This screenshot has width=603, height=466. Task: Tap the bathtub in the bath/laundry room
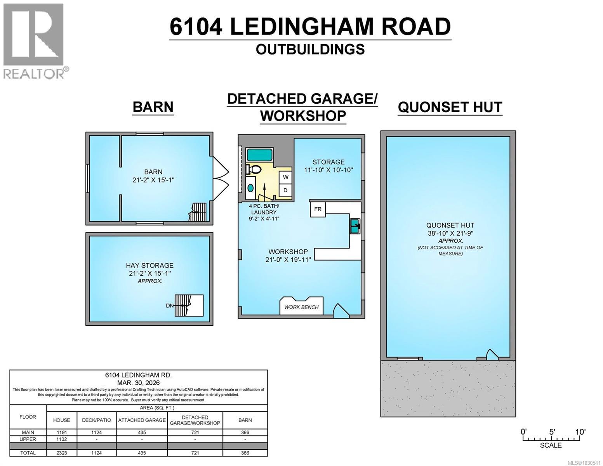coord(260,155)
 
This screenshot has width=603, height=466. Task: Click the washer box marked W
coord(286,177)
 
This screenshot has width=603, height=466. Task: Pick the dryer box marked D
coord(286,190)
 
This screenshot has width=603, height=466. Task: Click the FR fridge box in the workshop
coord(318,209)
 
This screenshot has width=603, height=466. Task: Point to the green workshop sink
coord(355,226)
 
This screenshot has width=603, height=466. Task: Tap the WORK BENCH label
coord(301,307)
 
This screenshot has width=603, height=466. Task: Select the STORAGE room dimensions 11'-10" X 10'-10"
coord(328,170)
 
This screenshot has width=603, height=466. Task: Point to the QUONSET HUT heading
coord(450,107)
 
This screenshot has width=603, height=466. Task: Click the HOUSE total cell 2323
coord(62,453)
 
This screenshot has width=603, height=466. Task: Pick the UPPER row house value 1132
coord(62,439)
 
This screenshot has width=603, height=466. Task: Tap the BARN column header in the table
coord(245,420)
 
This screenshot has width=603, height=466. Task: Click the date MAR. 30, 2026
coord(138,383)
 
